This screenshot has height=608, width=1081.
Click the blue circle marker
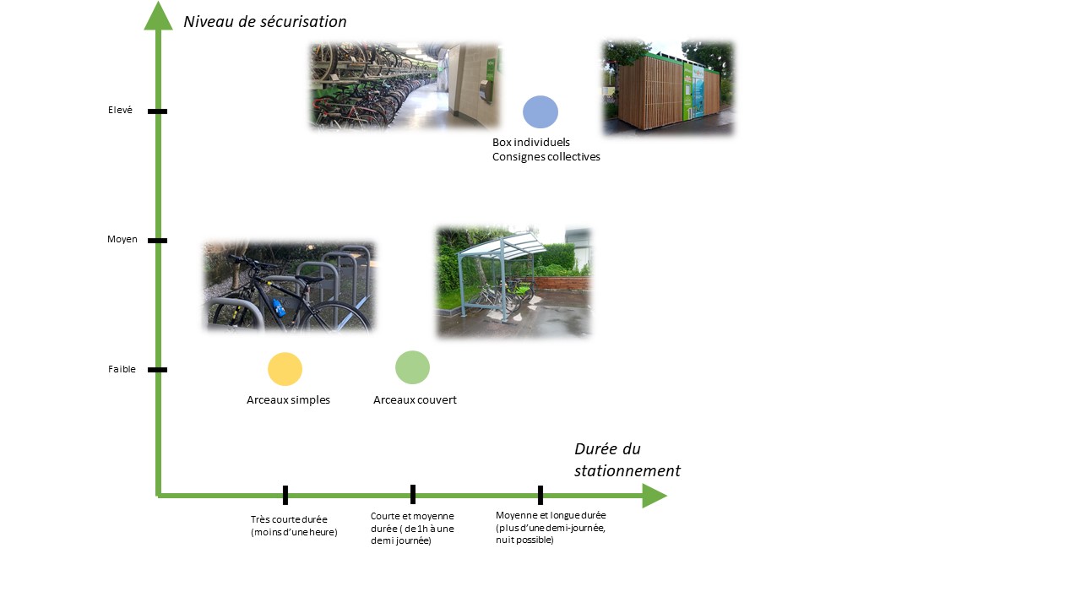pyautogui.click(x=540, y=112)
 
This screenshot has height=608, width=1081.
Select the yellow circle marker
pyautogui.click(x=285, y=369)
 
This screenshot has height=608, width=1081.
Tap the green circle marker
pyautogui.click(x=412, y=367)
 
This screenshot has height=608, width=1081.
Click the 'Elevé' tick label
pyautogui.click(x=120, y=110)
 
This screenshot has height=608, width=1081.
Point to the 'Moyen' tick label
pyautogui.click(x=122, y=239)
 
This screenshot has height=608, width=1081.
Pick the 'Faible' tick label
pyautogui.click(x=122, y=369)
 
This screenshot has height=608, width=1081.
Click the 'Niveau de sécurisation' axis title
pyautogui.click(x=265, y=22)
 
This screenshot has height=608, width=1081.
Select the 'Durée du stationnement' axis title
pyautogui.click(x=627, y=459)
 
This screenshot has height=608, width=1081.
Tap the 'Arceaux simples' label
pyautogui.click(x=288, y=400)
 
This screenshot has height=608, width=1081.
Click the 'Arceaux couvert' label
pyautogui.click(x=415, y=400)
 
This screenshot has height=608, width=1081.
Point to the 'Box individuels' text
pyautogui.click(x=531, y=143)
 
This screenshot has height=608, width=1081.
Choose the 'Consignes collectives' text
pyautogui.click(x=546, y=157)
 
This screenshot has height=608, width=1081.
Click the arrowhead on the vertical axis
pyautogui.click(x=158, y=15)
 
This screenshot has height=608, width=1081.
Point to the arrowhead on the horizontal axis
pyautogui.click(x=655, y=496)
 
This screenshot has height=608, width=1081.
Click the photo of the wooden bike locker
pyautogui.click(x=668, y=87)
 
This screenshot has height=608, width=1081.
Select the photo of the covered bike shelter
pyautogui.click(x=513, y=281)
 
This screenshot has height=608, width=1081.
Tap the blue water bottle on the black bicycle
pyautogui.click(x=278, y=308)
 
